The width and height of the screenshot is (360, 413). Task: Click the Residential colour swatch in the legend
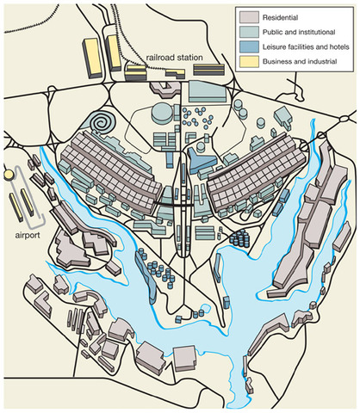click(249, 16)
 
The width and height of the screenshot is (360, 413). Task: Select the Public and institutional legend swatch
click(249, 32)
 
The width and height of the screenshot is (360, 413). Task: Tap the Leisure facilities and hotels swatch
click(249, 48)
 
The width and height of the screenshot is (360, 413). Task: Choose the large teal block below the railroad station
click(205, 90)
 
